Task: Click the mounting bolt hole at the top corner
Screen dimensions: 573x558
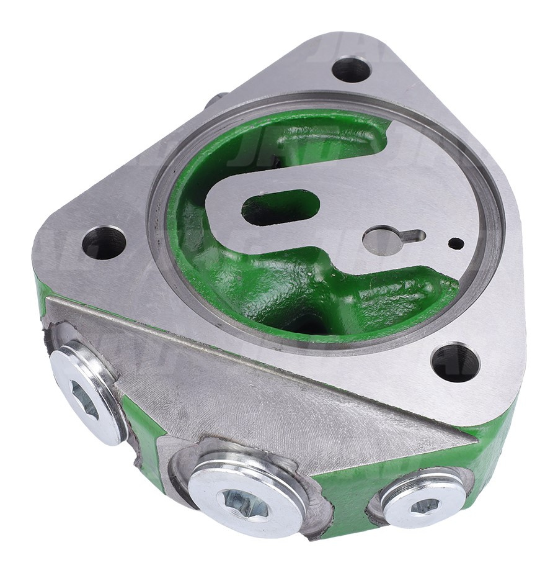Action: coord(352,70)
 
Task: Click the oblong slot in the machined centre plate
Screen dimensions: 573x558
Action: coord(280,207)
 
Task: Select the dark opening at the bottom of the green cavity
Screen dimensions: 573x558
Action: coord(304,323)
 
